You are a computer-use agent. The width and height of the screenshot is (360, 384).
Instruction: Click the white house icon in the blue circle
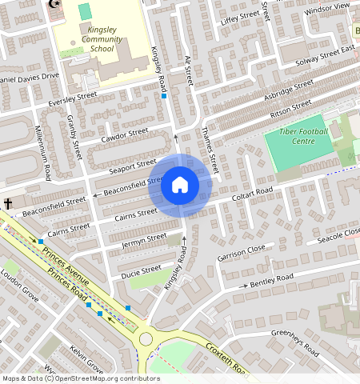coord(180,186)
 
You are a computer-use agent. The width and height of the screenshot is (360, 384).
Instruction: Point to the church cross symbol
coord(8,204)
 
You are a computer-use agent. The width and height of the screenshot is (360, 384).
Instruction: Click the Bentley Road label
coord(272,280)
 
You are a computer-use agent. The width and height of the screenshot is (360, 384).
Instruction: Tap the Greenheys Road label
coord(296,334)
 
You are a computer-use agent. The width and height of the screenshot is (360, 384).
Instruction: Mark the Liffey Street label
coord(238,18)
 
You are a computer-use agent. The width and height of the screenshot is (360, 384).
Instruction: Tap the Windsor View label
coord(327,9)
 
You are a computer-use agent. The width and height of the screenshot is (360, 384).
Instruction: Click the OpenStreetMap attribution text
coord(80,378)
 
